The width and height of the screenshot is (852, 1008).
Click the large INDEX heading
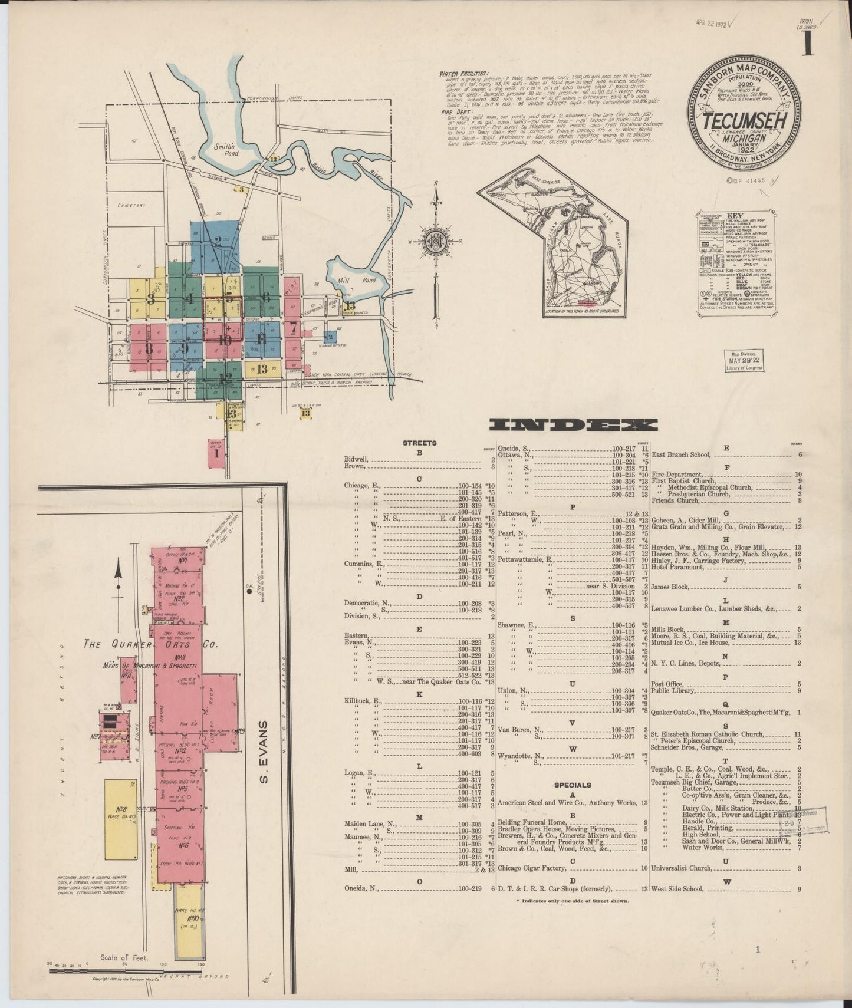574,425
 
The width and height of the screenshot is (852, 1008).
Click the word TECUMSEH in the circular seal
746,120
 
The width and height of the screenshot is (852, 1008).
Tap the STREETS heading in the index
419,442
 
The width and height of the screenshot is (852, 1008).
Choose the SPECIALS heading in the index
573,785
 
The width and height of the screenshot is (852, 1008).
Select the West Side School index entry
677,889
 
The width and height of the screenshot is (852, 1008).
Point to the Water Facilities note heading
463,74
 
